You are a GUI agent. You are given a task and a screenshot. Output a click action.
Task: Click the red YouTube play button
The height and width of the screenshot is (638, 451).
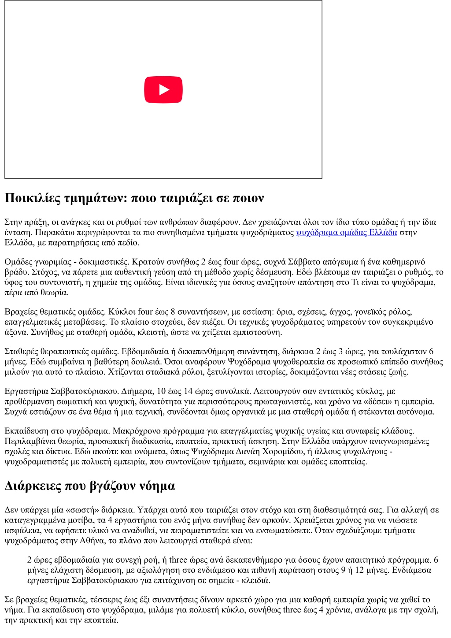tap(163, 89)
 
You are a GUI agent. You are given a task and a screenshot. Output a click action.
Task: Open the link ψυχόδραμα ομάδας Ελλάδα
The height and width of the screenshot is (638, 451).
tap(347, 232)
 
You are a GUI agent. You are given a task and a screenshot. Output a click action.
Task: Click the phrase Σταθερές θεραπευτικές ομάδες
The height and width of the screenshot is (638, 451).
tap(61, 351)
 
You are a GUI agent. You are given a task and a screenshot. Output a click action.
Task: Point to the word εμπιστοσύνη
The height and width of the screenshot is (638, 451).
tap(259, 332)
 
